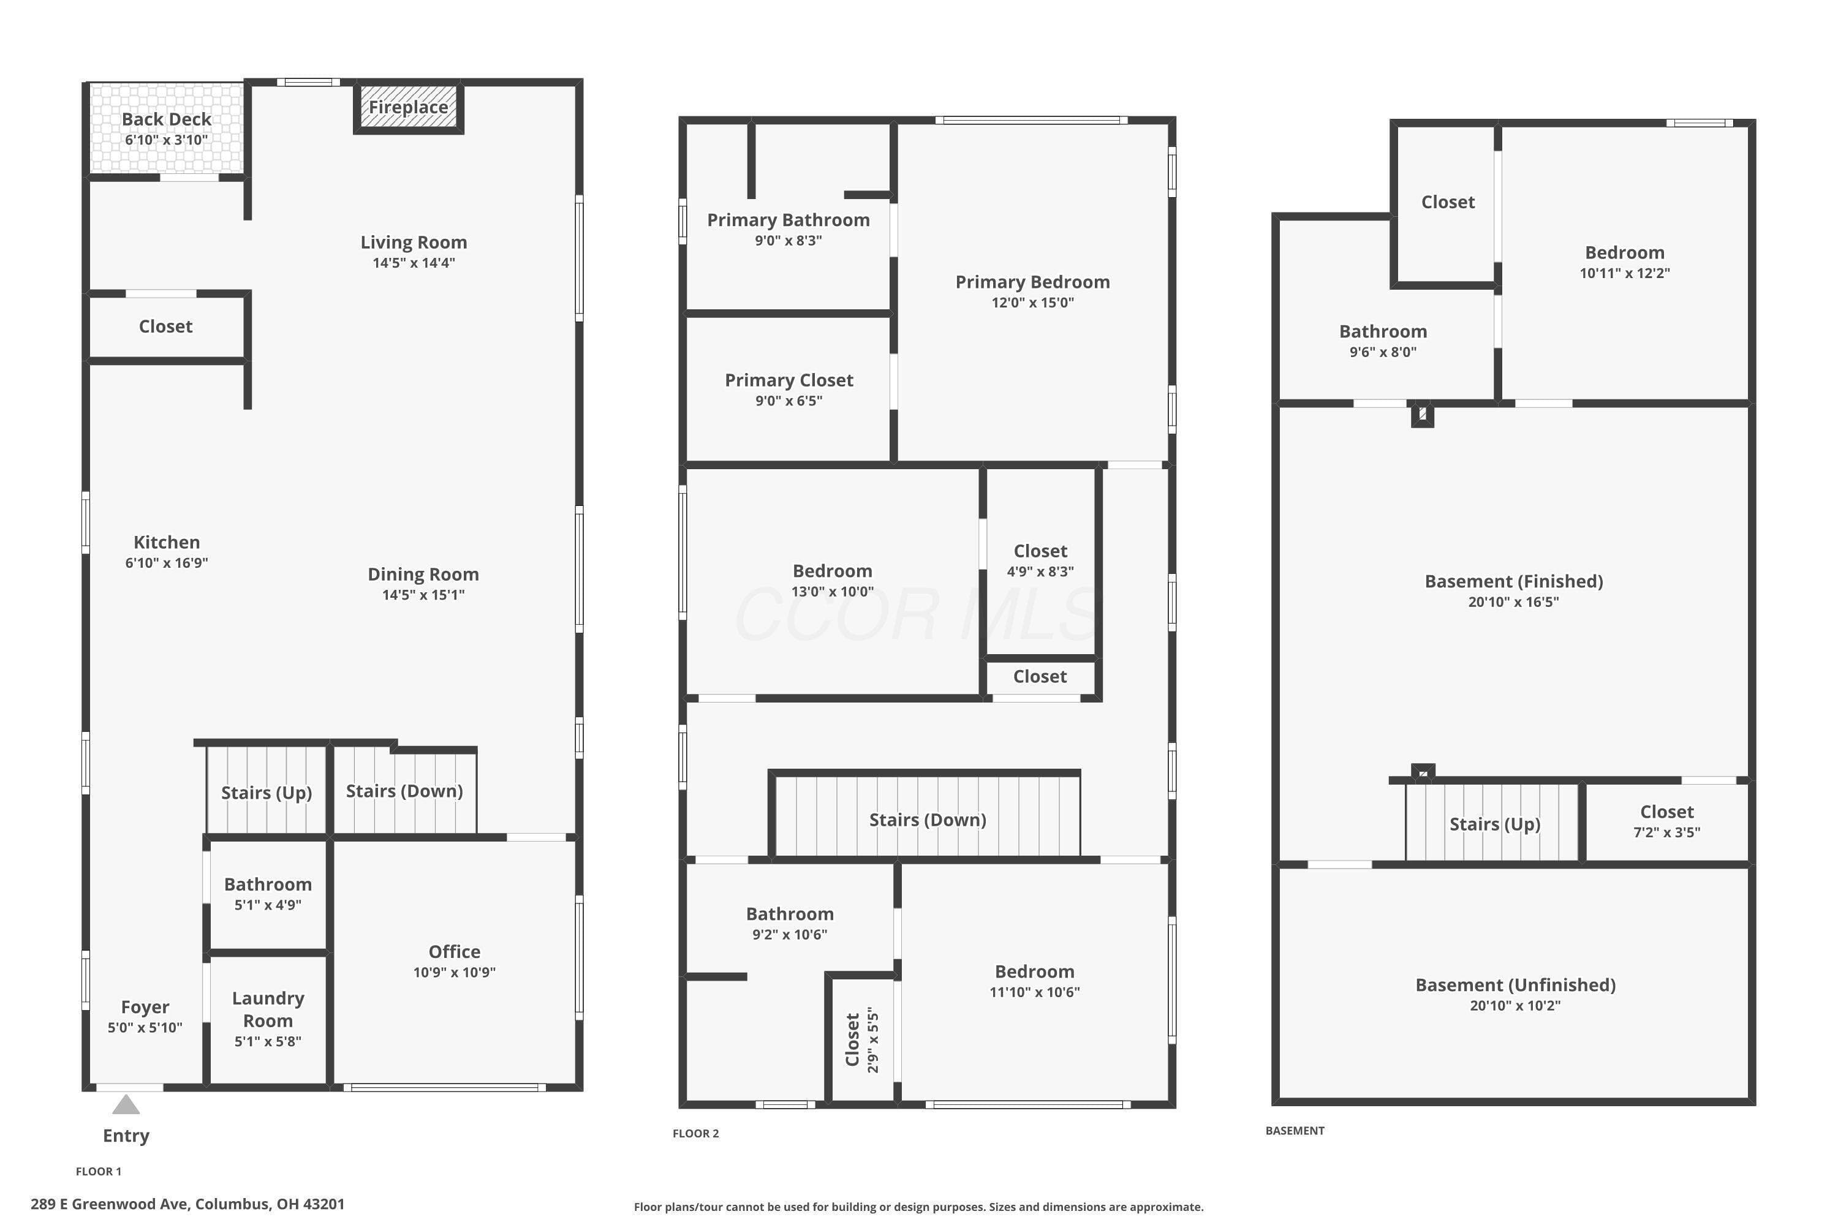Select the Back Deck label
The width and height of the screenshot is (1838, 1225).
click(167, 119)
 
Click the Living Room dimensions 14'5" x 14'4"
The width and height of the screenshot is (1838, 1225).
click(414, 263)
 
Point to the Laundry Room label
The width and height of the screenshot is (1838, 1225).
click(268, 1009)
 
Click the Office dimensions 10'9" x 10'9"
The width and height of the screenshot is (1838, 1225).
click(454, 972)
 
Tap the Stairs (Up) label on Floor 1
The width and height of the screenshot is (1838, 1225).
click(267, 793)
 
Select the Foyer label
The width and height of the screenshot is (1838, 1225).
click(145, 1007)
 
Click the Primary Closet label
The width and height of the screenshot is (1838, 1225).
click(789, 380)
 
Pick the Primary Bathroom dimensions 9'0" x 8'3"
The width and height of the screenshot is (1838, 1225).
click(788, 241)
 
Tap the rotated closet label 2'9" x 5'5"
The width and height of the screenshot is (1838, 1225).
click(873, 1040)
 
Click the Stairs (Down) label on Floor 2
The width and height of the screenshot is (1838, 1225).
click(928, 820)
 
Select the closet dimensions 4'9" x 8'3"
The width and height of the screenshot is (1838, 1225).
click(1040, 571)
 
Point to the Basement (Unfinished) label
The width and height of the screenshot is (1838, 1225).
click(1515, 985)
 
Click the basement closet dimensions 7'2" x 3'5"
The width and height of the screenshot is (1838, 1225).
click(1667, 832)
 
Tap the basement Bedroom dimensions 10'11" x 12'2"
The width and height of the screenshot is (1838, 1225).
click(1625, 273)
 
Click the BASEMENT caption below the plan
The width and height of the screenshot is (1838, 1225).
click(1295, 1131)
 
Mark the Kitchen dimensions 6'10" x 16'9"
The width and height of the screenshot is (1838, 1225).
click(167, 562)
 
